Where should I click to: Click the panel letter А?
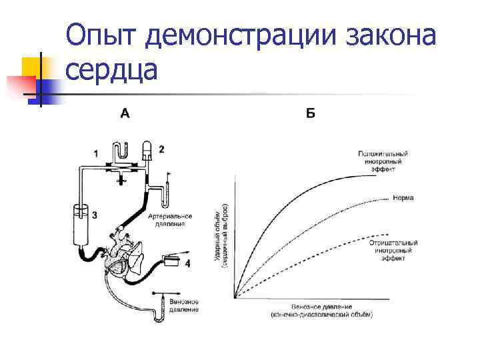click(x=125, y=113)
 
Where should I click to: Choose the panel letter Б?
click(x=311, y=113)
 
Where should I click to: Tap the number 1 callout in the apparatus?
click(x=96, y=153)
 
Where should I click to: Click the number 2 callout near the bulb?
click(x=161, y=148)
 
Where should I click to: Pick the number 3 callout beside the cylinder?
click(x=95, y=215)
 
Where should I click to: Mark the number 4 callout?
click(x=187, y=263)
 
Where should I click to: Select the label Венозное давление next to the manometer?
click(x=184, y=305)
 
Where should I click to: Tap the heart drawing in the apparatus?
click(x=123, y=257)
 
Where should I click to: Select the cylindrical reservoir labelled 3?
click(x=79, y=227)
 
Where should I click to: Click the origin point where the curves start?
click(x=235, y=297)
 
